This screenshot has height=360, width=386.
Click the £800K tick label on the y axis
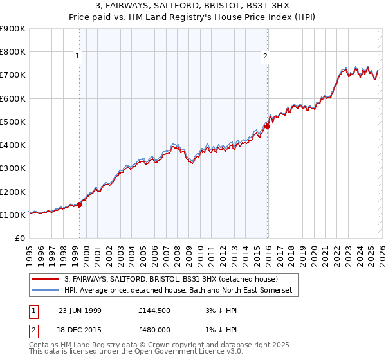(x=13, y=52)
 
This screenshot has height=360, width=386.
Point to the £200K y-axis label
(x=13, y=192)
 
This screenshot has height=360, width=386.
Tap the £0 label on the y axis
(x=20, y=239)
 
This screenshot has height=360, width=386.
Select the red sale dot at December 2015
(x=268, y=126)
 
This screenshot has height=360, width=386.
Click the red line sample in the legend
(x=46, y=280)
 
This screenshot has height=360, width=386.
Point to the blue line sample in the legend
(x=46, y=291)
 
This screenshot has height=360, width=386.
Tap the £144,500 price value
(x=156, y=310)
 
